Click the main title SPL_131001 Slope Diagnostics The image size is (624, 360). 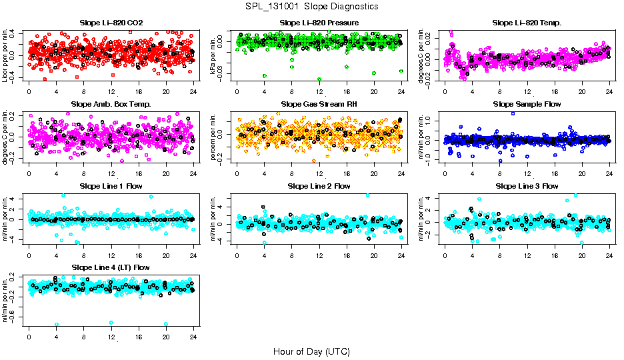311,6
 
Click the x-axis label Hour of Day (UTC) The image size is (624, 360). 311,351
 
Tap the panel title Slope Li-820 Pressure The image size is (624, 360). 319,23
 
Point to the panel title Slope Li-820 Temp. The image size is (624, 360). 527,23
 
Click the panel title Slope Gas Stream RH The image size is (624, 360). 319,105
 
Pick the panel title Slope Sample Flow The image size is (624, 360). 527,105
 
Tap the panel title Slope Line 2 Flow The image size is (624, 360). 319,186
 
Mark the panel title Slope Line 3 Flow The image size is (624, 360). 527,186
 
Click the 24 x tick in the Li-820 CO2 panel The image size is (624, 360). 193,91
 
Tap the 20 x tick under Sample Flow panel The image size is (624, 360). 582,173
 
